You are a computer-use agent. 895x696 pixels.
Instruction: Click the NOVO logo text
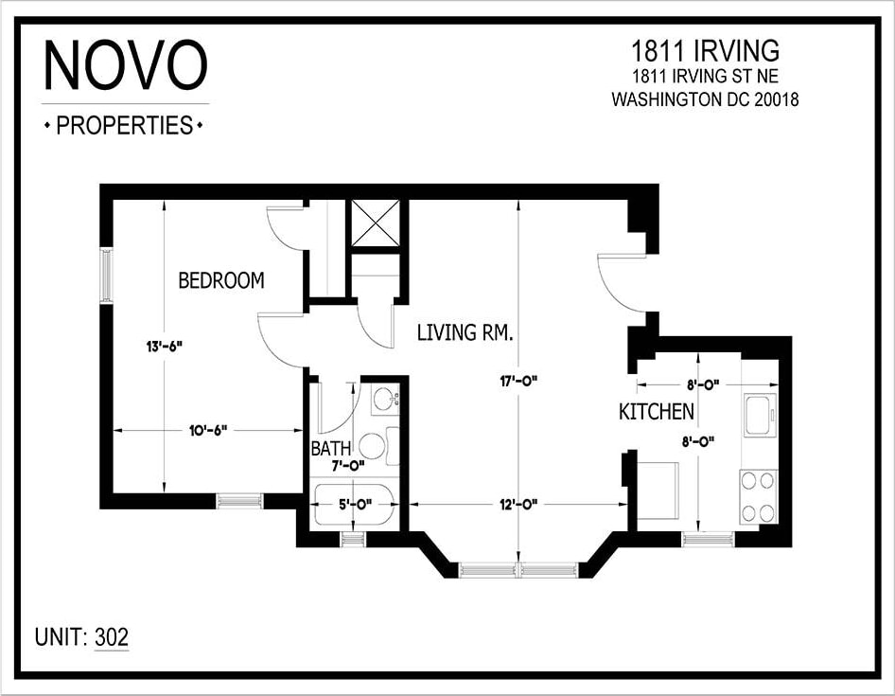tap(125, 67)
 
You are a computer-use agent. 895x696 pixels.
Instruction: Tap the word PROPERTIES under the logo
tap(124, 125)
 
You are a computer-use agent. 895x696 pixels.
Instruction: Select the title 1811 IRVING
tap(705, 49)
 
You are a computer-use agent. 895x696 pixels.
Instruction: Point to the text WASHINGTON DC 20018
tap(705, 98)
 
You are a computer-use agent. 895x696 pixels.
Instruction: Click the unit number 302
tap(112, 637)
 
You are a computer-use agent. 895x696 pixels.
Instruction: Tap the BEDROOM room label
tap(221, 281)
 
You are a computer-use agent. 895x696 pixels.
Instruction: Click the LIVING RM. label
tap(465, 332)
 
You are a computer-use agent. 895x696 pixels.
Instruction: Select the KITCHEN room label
tap(657, 412)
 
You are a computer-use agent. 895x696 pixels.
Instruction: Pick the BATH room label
tap(331, 448)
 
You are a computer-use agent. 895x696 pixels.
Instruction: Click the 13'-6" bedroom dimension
tap(164, 347)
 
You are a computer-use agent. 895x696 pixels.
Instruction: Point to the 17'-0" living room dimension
tap(518, 382)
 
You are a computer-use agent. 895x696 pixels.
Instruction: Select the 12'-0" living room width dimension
tap(518, 504)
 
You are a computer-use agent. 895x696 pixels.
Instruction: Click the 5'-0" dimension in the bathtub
tap(353, 504)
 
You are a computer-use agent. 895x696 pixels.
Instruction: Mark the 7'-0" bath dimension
tap(348, 465)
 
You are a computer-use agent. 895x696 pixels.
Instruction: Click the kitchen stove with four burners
tap(759, 497)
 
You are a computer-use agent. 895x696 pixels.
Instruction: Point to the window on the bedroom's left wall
tap(107, 276)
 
